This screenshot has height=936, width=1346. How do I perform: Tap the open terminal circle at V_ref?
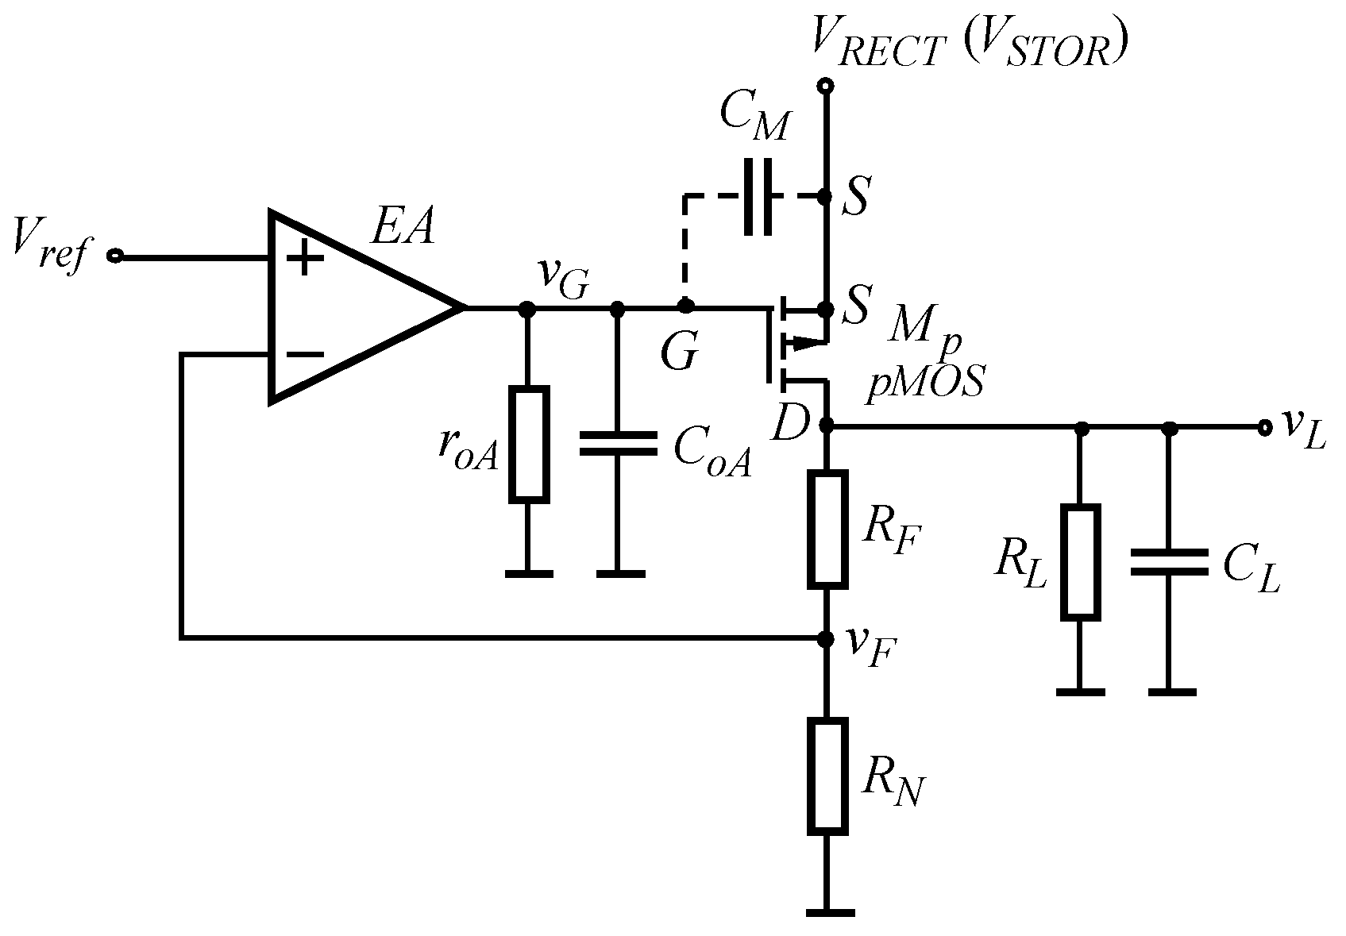coord(116,256)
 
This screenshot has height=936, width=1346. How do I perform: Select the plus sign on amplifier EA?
coord(303,259)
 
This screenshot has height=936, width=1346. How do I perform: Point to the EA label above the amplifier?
coord(403,229)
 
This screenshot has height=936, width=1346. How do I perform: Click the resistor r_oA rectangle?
coord(528,445)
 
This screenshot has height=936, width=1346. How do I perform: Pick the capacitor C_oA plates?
coord(619,444)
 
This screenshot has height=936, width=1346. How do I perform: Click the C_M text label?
coord(754,123)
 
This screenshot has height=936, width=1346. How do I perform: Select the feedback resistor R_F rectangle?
coord(827,530)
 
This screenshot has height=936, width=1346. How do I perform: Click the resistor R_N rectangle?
coord(827,776)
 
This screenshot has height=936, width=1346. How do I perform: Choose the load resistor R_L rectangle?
coord(1081,561)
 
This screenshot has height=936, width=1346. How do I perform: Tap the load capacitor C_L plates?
coord(1168,561)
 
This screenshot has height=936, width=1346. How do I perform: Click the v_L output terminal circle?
coord(1263,428)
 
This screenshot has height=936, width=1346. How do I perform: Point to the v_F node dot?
coord(827,637)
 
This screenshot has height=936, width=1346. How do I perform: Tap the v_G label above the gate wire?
coord(565,278)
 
